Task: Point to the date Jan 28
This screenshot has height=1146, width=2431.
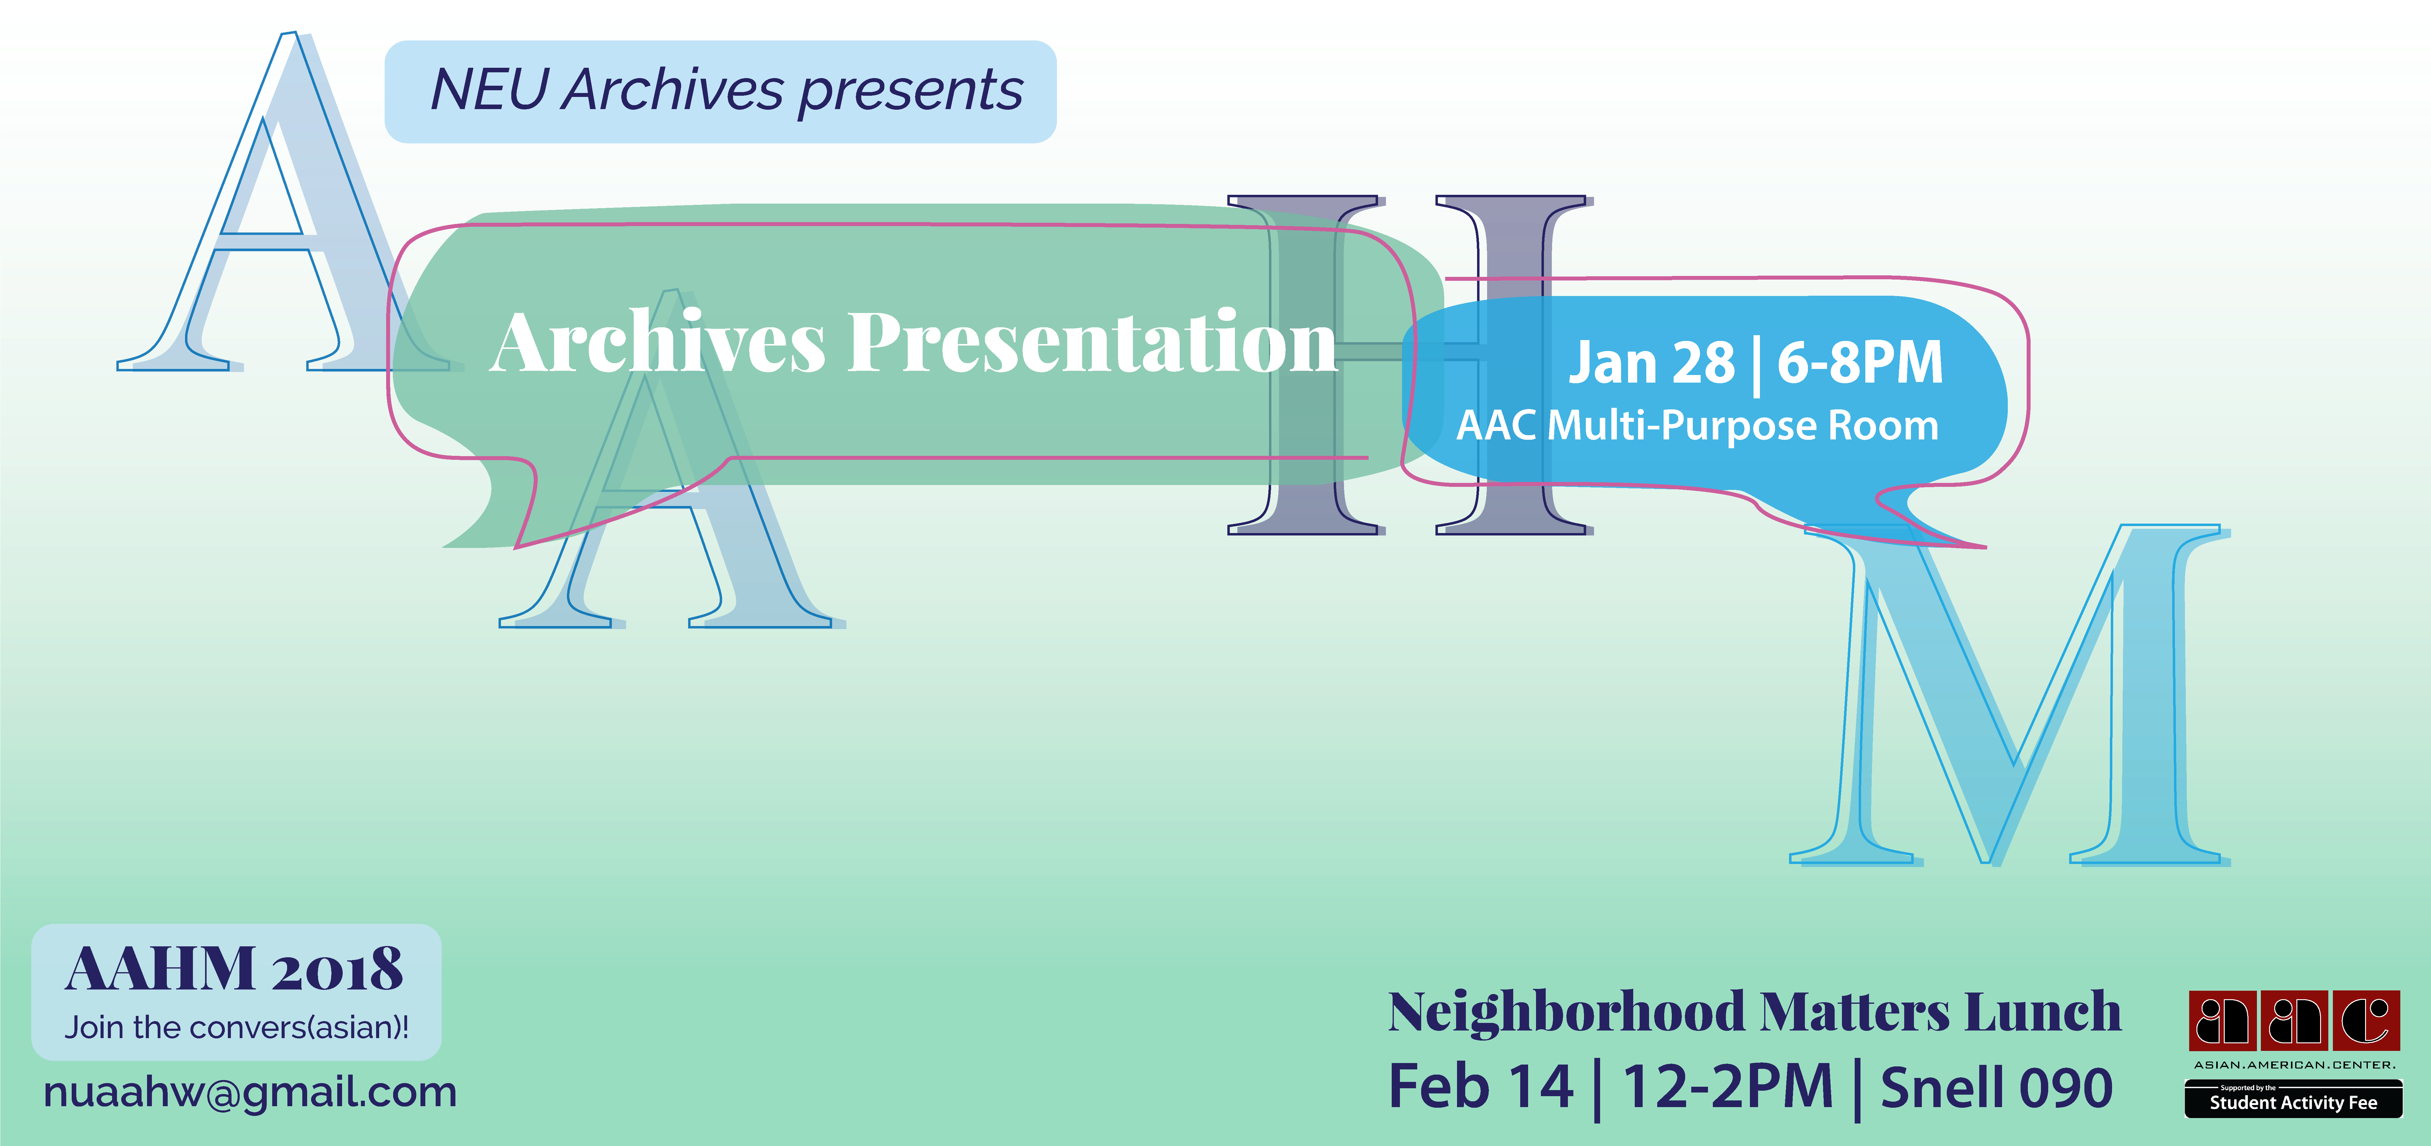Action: coord(1651,363)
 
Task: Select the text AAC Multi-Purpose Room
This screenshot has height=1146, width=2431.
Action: coord(1697,426)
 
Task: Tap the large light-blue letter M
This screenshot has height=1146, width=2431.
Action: coord(2010,694)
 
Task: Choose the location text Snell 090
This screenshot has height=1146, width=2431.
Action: coord(1996,1087)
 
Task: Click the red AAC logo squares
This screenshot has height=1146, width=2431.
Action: coord(2294,1020)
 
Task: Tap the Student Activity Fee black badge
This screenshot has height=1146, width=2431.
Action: coord(2293,1099)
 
